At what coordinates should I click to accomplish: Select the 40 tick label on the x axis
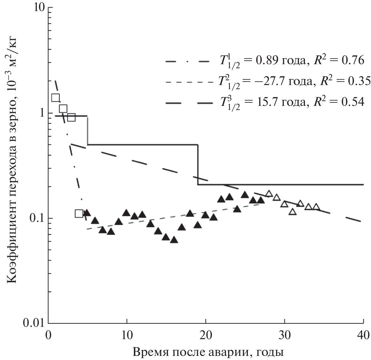[x=363, y=334]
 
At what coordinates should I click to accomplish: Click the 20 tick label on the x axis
[x=206, y=334]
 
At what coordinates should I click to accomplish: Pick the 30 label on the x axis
[x=284, y=334]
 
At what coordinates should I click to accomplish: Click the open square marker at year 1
[x=56, y=98]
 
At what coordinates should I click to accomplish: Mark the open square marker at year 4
[x=79, y=214]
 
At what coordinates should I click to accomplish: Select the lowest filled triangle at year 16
[x=174, y=240]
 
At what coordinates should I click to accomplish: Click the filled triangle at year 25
[x=245, y=195]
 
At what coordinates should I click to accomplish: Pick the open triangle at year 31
[x=293, y=212]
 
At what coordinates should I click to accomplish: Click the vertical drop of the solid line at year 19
[x=198, y=164]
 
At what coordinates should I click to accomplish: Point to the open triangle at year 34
[x=316, y=207]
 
